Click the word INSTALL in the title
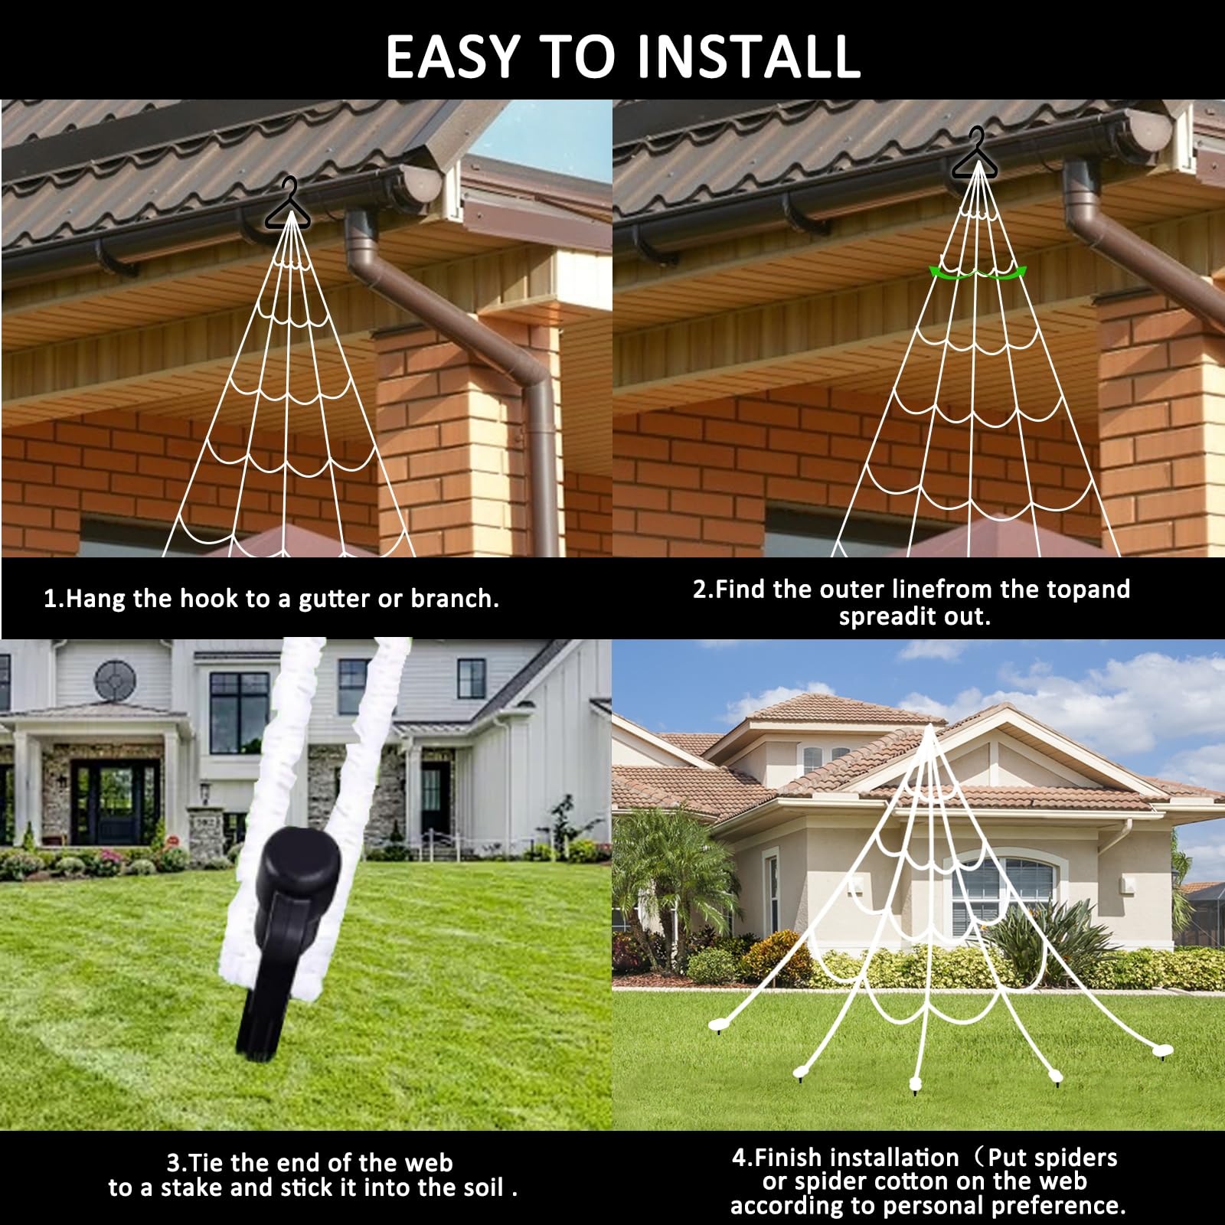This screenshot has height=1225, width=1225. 748,56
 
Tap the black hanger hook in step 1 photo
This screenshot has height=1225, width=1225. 288,204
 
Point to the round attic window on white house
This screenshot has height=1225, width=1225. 115,679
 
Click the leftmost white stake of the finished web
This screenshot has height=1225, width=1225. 717,1024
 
